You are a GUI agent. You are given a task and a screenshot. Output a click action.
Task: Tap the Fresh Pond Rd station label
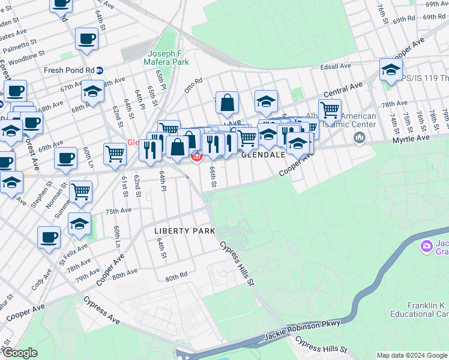point(69,70)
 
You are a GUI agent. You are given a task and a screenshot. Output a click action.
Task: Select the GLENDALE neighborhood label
point(262,154)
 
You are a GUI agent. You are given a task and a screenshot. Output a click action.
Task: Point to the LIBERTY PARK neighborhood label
point(184,231)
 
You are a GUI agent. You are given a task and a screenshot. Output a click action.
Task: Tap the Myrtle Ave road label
point(411,139)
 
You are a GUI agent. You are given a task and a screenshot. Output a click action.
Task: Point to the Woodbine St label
point(28,55)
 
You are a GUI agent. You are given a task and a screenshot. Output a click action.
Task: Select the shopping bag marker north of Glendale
point(228,103)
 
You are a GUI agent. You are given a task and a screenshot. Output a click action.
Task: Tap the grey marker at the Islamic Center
point(360,139)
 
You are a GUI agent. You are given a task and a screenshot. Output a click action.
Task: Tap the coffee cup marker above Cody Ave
point(49,236)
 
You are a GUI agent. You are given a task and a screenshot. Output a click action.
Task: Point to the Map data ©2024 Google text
point(412,355)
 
